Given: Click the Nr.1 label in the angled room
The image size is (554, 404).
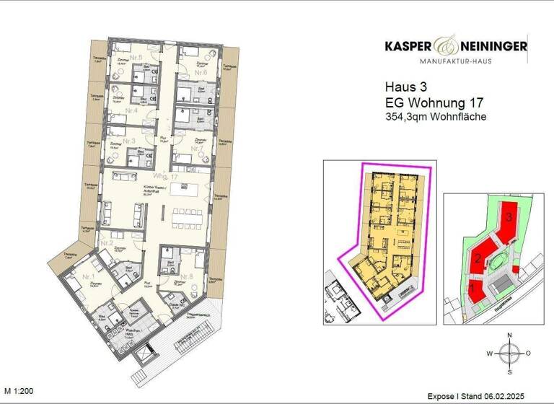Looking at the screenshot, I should (89, 277).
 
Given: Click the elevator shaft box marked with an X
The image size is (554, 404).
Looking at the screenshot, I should (145, 359).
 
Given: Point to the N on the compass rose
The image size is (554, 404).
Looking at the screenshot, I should (509, 335).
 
